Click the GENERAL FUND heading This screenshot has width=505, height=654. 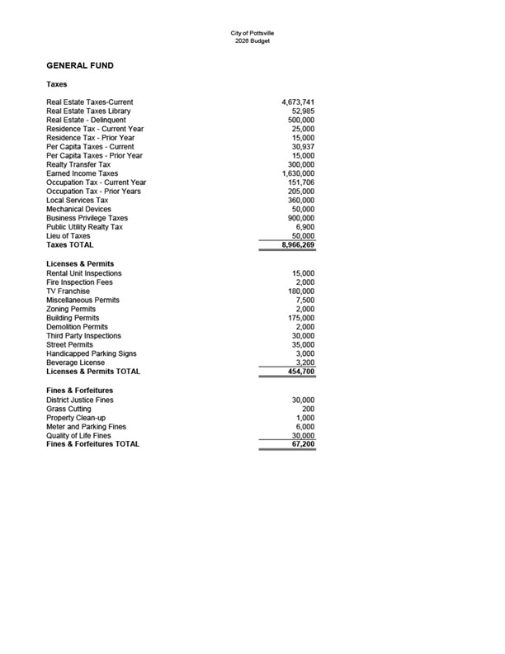coord(80,65)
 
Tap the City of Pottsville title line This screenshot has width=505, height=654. coord(252,33)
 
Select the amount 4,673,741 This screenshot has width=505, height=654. coord(297,102)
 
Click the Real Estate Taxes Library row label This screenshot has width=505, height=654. coord(88,111)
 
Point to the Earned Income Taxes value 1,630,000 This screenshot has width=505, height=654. coord(298,174)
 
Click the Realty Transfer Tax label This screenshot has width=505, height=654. coord(78,165)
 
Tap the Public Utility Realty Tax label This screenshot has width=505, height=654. coord(84,227)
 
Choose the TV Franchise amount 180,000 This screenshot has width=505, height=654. coord(300,291)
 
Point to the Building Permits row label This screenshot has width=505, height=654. coord(73,318)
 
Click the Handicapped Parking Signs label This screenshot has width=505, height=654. coord(92,353)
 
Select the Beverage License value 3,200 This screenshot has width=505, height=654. coord(304,363)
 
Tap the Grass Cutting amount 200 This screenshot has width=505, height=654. coord(308,409)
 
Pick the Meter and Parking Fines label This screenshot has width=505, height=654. coord(87,426)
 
